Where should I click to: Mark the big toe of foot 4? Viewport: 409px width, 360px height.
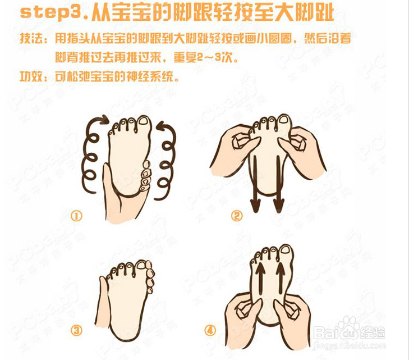[286, 250]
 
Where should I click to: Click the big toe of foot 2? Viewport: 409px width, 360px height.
[284, 121]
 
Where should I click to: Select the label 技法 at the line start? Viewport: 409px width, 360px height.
[32, 40]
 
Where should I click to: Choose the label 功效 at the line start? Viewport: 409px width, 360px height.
[32, 76]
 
